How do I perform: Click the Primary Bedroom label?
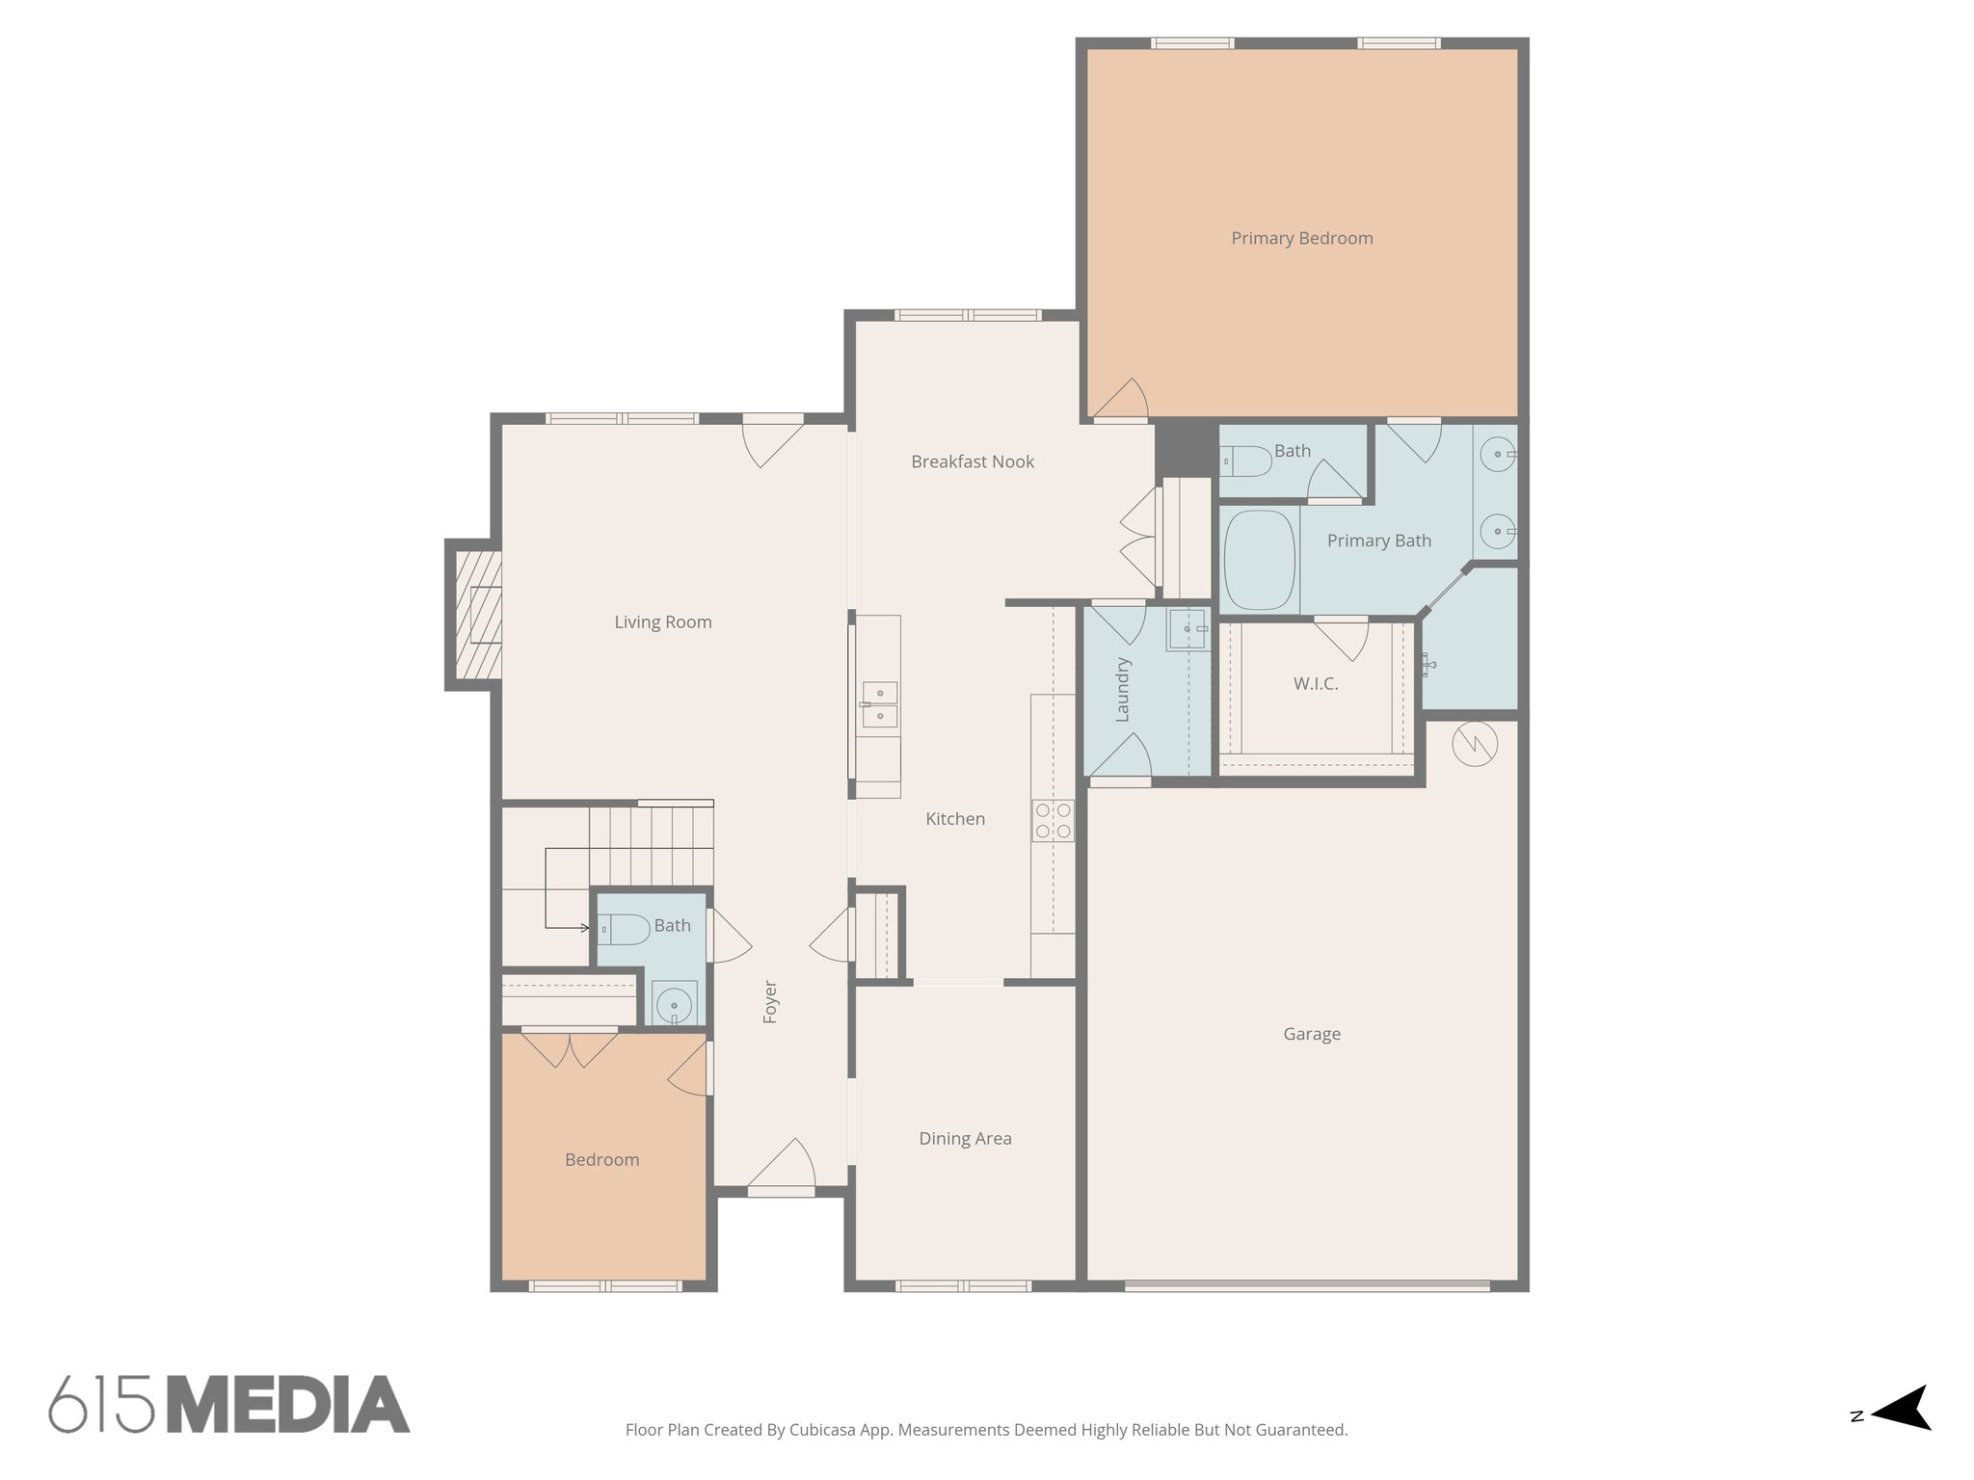point(1301,238)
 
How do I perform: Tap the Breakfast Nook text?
point(972,462)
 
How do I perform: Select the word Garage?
point(1311,1034)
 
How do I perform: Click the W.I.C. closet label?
point(1315,684)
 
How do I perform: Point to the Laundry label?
point(1122,689)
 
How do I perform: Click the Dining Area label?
point(965,1139)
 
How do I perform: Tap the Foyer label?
point(770,1001)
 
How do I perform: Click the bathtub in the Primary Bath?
point(1259,560)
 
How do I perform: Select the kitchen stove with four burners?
point(1053,821)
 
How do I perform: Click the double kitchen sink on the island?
point(879,704)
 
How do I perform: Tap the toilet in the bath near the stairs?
point(624,929)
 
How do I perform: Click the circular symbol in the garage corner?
point(1474,744)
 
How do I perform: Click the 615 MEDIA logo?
point(229,1404)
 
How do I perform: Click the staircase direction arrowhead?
point(584,928)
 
